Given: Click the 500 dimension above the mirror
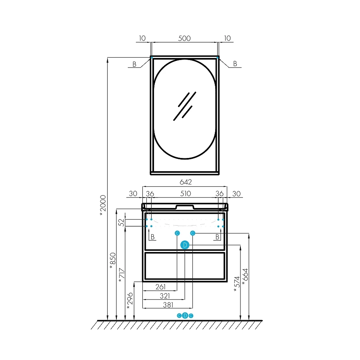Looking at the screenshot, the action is (184, 38).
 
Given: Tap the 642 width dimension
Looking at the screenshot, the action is (186, 182).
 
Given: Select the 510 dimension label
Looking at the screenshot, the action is (185, 194).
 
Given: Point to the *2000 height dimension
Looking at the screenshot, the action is (103, 205).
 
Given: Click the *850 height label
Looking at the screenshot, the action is (113, 261).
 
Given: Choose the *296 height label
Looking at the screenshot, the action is (130, 301).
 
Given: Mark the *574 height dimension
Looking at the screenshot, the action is (237, 284).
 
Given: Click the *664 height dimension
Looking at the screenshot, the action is (245, 277).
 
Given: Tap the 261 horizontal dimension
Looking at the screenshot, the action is (160, 287).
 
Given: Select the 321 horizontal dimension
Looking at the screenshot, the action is (165, 296).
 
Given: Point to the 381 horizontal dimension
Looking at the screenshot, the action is (168, 305).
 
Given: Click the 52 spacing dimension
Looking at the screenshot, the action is (121, 222).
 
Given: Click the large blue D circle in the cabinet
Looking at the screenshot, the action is (185, 245).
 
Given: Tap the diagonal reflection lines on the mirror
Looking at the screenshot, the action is (184, 106).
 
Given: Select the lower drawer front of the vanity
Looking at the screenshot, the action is (185, 266).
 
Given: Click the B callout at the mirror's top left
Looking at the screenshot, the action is (134, 64).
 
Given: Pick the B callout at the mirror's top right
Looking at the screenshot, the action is (235, 63).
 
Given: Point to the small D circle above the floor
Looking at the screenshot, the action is (185, 316).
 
